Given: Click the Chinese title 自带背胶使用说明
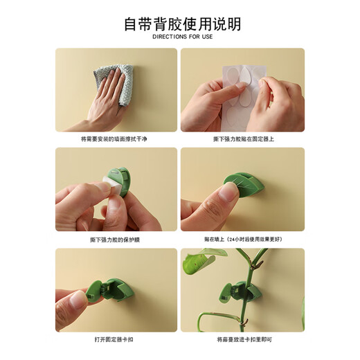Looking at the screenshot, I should [x=182, y=24].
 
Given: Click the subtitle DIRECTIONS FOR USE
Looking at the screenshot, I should [x=182, y=37].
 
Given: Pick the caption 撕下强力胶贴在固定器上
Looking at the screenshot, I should [x=243, y=139].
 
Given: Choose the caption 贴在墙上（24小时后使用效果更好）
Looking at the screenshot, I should [x=243, y=240].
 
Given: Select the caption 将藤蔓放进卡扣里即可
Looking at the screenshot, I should [x=243, y=340].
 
